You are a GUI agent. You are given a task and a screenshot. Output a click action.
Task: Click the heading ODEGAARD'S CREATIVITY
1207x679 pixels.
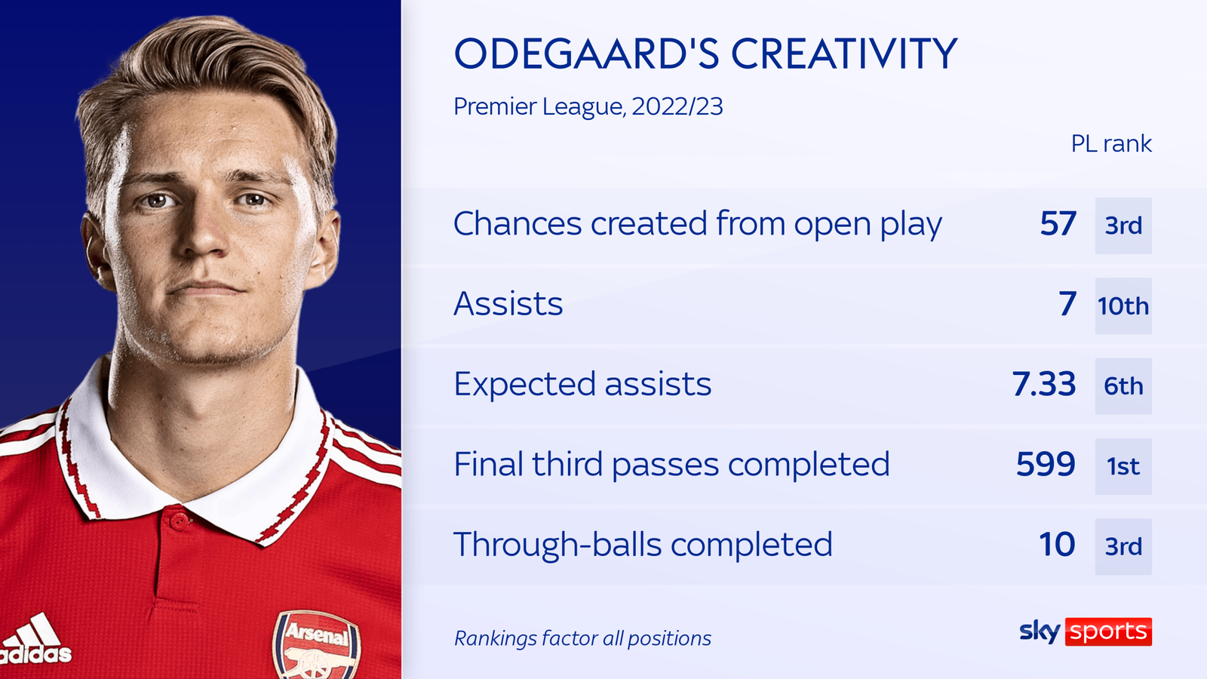coord(705,54)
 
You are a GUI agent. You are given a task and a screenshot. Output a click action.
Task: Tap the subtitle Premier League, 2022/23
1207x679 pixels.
coord(588,106)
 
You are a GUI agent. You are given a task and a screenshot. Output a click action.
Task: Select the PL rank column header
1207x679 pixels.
coord(1110,143)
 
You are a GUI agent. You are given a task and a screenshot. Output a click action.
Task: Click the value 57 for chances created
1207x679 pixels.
coord(1058,224)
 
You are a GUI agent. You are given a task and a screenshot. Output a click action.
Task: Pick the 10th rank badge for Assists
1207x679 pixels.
coord(1123,306)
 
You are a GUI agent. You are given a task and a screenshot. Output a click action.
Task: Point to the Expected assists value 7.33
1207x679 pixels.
coord(1044,384)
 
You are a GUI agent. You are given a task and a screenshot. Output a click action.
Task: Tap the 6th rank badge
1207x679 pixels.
coord(1123,386)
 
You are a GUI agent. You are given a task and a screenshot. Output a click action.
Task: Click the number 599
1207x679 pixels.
coord(1046,465)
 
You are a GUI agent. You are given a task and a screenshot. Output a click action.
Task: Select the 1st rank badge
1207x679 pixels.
coord(1123,466)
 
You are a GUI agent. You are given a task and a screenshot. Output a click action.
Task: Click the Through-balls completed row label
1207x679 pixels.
coord(643,545)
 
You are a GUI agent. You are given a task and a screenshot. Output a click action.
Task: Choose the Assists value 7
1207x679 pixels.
coord(1067,304)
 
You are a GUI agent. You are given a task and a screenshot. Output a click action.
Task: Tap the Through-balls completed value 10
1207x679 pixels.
coord(1057,545)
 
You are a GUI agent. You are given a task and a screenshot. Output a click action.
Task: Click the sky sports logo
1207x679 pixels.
coord(1086,631)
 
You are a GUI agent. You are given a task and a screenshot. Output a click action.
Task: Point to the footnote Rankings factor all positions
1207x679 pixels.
coord(582,638)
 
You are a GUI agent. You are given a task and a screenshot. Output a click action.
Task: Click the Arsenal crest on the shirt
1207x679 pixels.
coord(317,645)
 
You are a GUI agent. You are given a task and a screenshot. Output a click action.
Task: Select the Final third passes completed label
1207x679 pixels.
coord(671,465)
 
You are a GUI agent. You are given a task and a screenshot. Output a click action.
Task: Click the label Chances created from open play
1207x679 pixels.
coord(697,224)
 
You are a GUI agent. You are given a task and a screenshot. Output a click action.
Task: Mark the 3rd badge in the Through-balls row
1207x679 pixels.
coord(1123,546)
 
